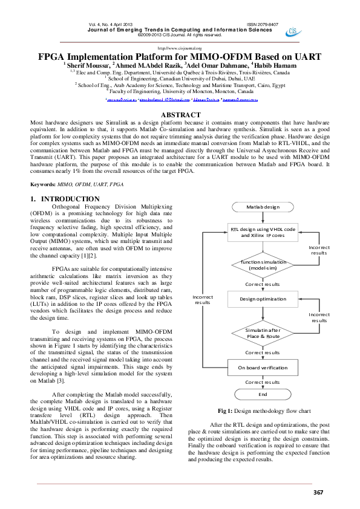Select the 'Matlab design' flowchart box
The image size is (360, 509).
tap(263, 207)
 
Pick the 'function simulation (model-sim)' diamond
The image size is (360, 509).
tap(263, 264)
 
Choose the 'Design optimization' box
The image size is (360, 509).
tap(263, 299)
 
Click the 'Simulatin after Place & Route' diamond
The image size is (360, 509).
tap(263, 334)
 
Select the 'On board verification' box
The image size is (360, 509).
tap(263, 367)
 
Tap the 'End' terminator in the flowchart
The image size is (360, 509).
tap(263, 394)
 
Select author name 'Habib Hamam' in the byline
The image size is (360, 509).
tap(278, 65)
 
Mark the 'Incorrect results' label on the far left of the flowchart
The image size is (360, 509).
tap(203, 299)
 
